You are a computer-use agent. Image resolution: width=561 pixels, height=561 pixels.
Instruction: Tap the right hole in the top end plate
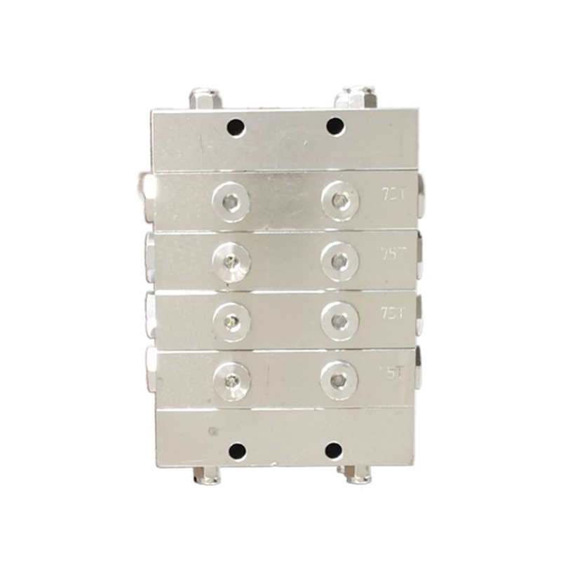(335, 127)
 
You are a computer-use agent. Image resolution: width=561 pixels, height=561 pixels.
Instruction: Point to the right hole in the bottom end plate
(334, 449)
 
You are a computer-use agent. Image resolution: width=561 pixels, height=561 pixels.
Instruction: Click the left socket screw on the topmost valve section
(231, 203)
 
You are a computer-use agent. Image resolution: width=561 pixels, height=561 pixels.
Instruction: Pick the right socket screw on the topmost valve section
(340, 201)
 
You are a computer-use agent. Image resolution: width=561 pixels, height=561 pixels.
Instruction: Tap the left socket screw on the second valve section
(231, 262)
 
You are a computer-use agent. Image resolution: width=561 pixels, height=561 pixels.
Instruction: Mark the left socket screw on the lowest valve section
(231, 381)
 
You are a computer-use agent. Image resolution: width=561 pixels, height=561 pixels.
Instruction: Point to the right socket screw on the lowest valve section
(339, 380)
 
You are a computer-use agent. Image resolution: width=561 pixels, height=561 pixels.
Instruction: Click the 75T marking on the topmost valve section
(391, 192)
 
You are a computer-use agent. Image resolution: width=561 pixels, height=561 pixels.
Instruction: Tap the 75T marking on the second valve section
(392, 252)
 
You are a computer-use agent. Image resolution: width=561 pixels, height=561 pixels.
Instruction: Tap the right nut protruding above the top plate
(355, 97)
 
